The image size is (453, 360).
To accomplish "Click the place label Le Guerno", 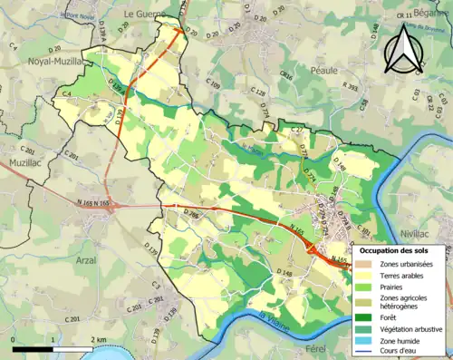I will coord(141,15).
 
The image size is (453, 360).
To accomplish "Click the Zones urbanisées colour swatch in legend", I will coord(367,263).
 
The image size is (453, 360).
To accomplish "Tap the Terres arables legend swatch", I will coord(367,275).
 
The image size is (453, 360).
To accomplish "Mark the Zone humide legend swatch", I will coord(367,341).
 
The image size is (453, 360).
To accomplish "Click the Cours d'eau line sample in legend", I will coord(367,352).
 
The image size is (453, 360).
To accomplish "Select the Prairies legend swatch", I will coord(367,287).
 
